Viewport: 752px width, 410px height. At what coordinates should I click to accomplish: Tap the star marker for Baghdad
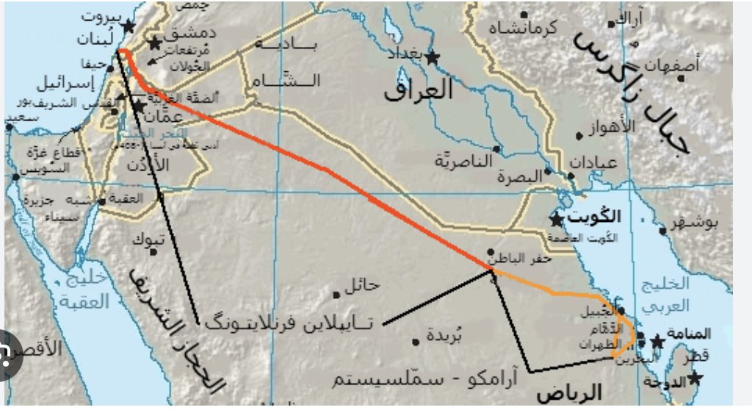pos(432,57)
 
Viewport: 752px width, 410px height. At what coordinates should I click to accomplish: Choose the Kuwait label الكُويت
pos(596,217)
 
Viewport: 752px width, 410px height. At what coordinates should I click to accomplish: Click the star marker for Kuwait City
pos(557,220)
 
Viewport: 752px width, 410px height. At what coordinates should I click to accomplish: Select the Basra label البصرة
pos(518,177)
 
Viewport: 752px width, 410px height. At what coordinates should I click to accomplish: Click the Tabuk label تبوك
pos(144,240)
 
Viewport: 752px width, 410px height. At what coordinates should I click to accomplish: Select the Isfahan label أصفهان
pos(671,65)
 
